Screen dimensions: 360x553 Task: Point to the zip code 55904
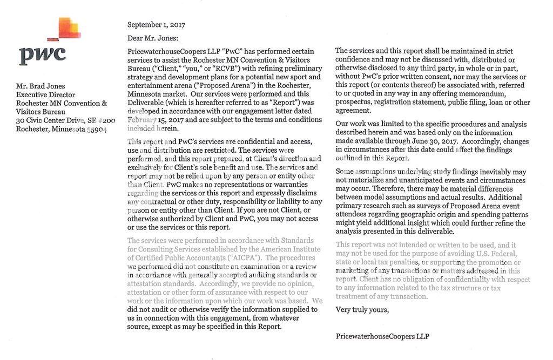click(97, 129)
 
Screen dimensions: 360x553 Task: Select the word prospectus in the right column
click(354, 102)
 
